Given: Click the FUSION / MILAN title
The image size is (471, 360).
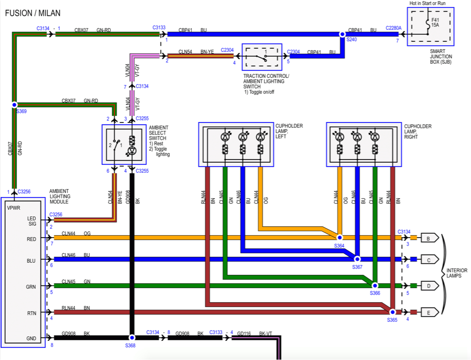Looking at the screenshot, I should point(33,13).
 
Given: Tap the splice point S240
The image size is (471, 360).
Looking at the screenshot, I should point(342,34).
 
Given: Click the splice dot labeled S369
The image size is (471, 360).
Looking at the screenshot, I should point(14,105).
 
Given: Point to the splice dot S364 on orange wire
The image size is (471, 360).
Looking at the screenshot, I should point(340,237).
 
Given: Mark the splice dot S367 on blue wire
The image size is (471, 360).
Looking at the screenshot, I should point(357,259).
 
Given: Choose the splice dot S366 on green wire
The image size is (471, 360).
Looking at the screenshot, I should point(374,285).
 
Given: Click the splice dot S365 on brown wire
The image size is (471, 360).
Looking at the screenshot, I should point(392,312).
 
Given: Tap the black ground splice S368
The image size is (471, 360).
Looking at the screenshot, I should point(132,337).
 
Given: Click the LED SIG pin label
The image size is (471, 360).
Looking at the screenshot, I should point(32,221).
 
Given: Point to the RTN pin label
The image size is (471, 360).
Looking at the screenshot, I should point(32,313).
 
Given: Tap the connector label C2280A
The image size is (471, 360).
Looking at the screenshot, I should point(393,28).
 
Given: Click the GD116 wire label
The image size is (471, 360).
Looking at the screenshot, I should point(244,333).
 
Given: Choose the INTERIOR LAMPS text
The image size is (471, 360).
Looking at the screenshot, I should point(457,273).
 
